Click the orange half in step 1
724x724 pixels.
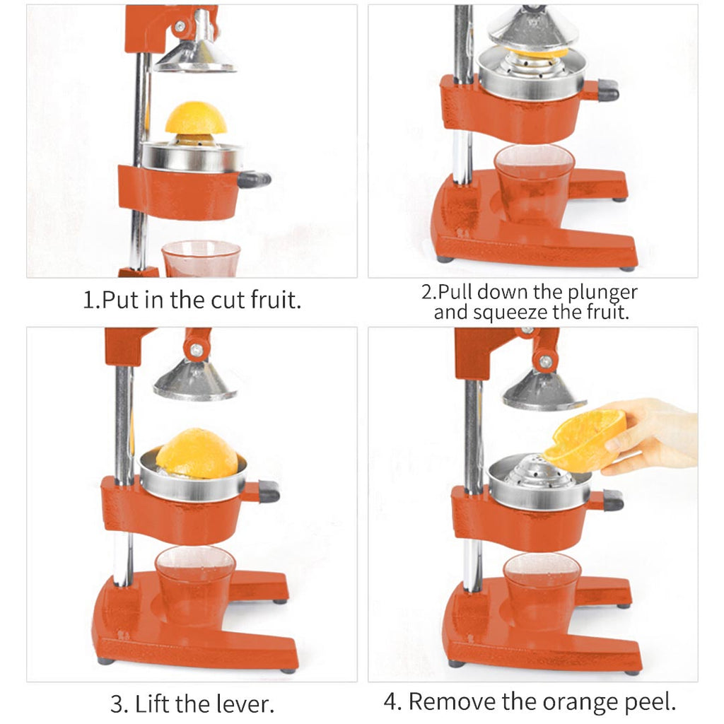click(x=196, y=119)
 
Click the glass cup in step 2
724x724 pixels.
click(x=534, y=185)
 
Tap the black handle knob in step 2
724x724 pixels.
click(x=607, y=90)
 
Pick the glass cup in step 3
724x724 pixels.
click(x=195, y=584)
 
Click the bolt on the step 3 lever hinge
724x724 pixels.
click(x=197, y=349)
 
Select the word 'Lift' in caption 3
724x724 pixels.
click(x=153, y=704)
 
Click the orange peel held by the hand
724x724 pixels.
click(x=585, y=440)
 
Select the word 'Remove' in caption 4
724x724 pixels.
click(x=452, y=701)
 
